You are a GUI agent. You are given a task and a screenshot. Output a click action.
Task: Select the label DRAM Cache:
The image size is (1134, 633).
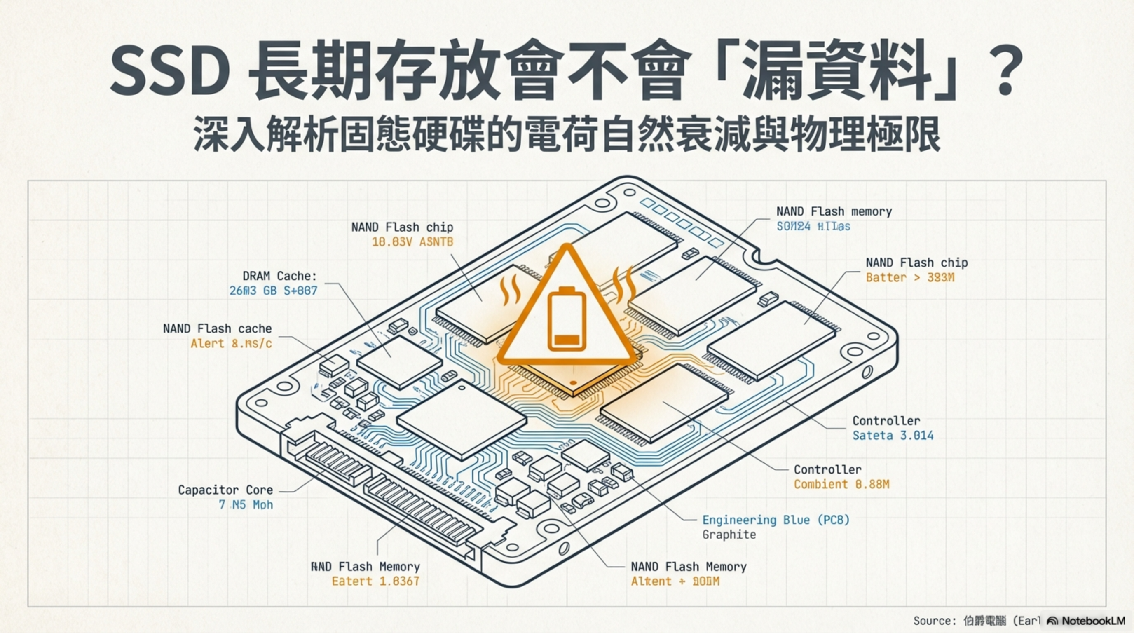(279, 276)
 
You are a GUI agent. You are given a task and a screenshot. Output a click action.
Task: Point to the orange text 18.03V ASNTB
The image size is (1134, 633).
(412, 241)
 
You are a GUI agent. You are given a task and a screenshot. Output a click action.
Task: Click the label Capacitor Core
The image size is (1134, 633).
(225, 490)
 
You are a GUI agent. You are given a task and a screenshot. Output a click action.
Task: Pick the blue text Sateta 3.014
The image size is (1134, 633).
(893, 435)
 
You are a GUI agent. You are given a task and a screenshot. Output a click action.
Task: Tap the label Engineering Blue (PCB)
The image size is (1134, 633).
(776, 520)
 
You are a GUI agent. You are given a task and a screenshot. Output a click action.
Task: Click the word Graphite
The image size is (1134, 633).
(729, 535)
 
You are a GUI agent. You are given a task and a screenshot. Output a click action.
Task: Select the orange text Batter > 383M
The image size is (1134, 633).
(910, 277)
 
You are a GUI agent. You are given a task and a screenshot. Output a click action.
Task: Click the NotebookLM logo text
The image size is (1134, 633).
(1093, 621)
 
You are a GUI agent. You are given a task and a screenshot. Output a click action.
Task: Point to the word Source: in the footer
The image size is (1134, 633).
(935, 621)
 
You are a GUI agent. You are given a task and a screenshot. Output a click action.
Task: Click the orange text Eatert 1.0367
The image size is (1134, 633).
(375, 581)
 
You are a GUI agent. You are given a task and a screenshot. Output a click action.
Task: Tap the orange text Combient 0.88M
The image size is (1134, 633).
(841, 484)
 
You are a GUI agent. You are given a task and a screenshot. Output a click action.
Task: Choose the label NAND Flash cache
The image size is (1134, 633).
(218, 329)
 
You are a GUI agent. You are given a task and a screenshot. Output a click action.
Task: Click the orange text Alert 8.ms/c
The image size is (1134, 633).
(231, 343)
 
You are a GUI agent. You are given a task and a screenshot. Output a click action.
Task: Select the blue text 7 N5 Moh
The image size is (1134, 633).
(246, 504)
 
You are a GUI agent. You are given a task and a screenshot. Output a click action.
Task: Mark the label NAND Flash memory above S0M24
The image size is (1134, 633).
(834, 212)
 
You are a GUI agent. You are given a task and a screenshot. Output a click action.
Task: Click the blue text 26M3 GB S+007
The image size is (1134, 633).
(273, 291)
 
